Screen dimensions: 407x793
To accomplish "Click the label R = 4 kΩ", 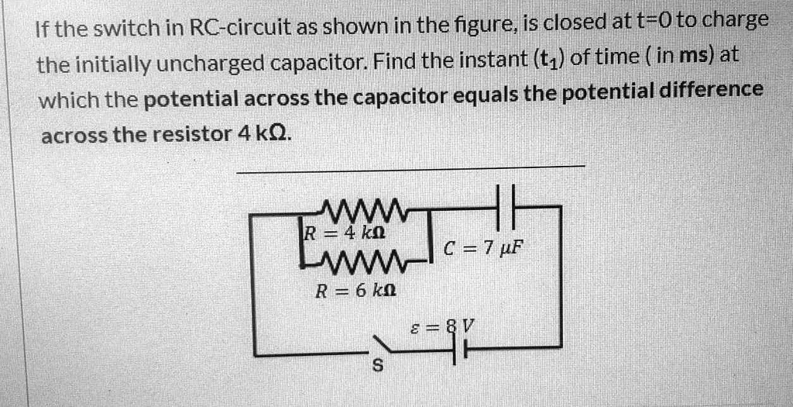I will click(343, 232).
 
